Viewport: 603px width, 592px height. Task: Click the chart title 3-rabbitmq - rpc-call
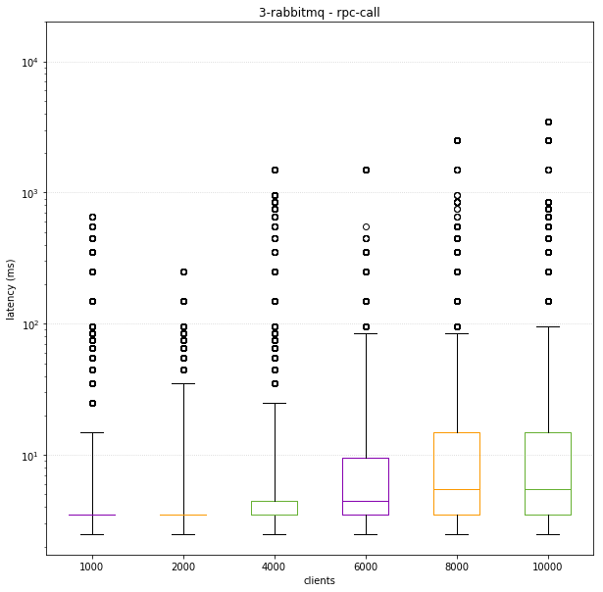319,13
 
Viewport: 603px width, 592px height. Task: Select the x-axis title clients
319,581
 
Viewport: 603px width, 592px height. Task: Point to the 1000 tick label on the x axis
91,566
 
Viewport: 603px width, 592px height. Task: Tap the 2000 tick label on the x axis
183,566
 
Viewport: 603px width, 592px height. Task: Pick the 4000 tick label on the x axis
275,566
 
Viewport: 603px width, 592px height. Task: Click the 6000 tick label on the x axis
366,566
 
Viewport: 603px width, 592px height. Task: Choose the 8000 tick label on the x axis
457,566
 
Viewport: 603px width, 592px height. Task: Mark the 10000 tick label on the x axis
548,566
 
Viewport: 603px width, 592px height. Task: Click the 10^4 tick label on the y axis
29,63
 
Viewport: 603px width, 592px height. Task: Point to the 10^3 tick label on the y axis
29,194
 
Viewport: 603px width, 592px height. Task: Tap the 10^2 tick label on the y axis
29,324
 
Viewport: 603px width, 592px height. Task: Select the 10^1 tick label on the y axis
29,456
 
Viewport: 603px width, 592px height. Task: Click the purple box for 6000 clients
366,486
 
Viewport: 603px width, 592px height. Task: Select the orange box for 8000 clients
457,473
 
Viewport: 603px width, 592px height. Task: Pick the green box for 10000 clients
548,473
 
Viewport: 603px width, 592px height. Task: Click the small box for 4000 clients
275,508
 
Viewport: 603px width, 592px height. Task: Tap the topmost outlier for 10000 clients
548,122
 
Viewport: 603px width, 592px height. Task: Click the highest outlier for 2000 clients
183,271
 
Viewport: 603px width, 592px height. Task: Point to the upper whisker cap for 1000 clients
91,432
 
